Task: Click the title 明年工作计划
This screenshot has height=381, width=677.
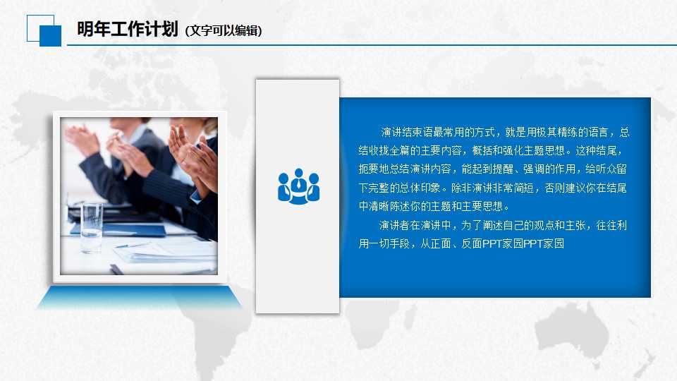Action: coord(127,30)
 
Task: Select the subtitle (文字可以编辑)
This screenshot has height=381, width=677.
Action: coord(224,31)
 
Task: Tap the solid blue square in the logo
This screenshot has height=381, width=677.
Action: coord(50,35)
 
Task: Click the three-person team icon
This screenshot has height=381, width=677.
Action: coord(298,186)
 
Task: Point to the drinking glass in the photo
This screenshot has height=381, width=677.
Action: coord(91,227)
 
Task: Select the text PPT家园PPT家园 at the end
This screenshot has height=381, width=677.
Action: coord(524,244)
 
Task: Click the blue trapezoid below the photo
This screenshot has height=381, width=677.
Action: coord(139,298)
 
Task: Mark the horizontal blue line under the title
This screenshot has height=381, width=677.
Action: coord(367,45)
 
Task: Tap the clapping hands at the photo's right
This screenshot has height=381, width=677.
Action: coord(190,152)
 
